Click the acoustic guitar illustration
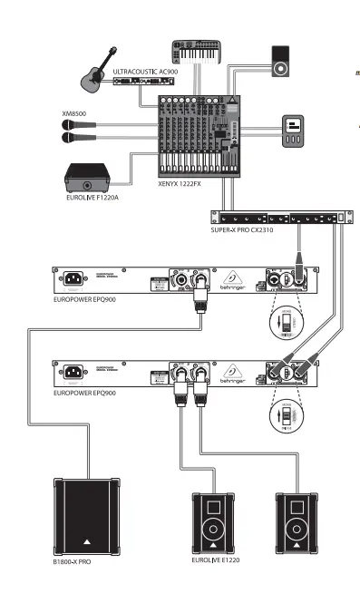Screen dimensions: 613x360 tap(93, 77)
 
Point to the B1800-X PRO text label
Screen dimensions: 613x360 tap(74, 563)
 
